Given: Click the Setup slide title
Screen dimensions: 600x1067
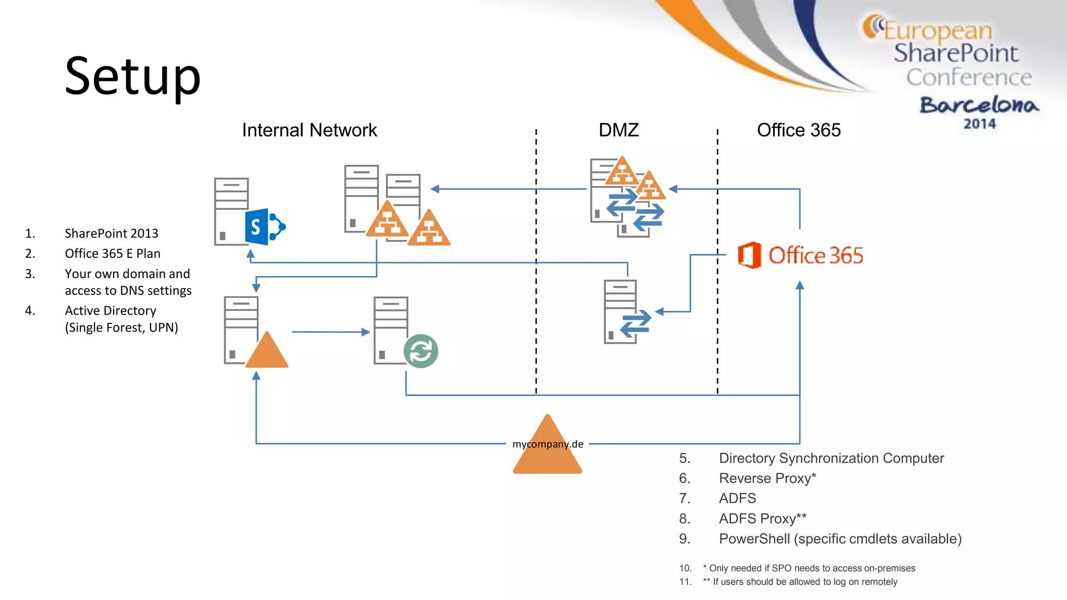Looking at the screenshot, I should click(133, 77).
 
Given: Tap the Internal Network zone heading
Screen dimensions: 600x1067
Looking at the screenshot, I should click(309, 130).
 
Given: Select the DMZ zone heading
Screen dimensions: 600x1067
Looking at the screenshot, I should click(618, 130).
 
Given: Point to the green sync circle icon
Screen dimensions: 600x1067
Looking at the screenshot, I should click(420, 351).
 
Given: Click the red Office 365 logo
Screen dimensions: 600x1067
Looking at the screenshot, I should click(800, 255).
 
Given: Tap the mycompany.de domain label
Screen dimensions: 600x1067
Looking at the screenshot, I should click(548, 444).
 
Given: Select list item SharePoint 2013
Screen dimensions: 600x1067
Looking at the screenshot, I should click(111, 233).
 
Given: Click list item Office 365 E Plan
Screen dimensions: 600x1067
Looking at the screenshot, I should click(113, 254).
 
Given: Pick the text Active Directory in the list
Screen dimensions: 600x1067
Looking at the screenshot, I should click(110, 311).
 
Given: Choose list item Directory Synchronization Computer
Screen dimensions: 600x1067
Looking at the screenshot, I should click(831, 458).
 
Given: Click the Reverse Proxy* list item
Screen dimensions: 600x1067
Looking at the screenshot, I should click(767, 478).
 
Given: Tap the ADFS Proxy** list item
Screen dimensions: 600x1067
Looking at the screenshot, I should click(762, 519).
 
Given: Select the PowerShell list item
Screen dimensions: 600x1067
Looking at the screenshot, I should click(840, 539).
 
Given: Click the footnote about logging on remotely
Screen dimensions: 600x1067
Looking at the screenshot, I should click(805, 582).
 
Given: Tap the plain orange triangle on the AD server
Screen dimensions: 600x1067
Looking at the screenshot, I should click(267, 352).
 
